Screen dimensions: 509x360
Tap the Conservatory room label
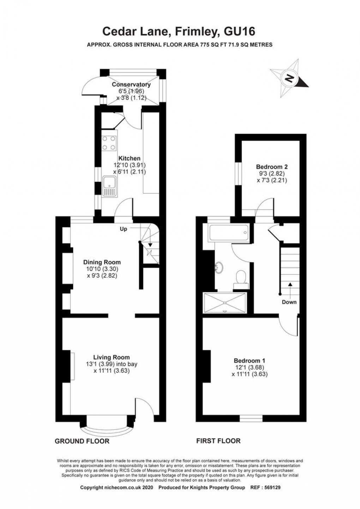131,85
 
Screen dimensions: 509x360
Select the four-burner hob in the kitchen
109,143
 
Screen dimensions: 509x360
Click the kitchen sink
109,186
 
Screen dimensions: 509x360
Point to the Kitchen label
129,159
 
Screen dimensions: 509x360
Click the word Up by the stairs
123,229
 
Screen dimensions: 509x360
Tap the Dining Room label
102,262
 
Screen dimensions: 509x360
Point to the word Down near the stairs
289,302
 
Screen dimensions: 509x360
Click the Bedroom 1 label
250,361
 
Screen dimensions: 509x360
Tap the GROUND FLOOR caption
82,441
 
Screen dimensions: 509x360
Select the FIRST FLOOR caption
218,441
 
